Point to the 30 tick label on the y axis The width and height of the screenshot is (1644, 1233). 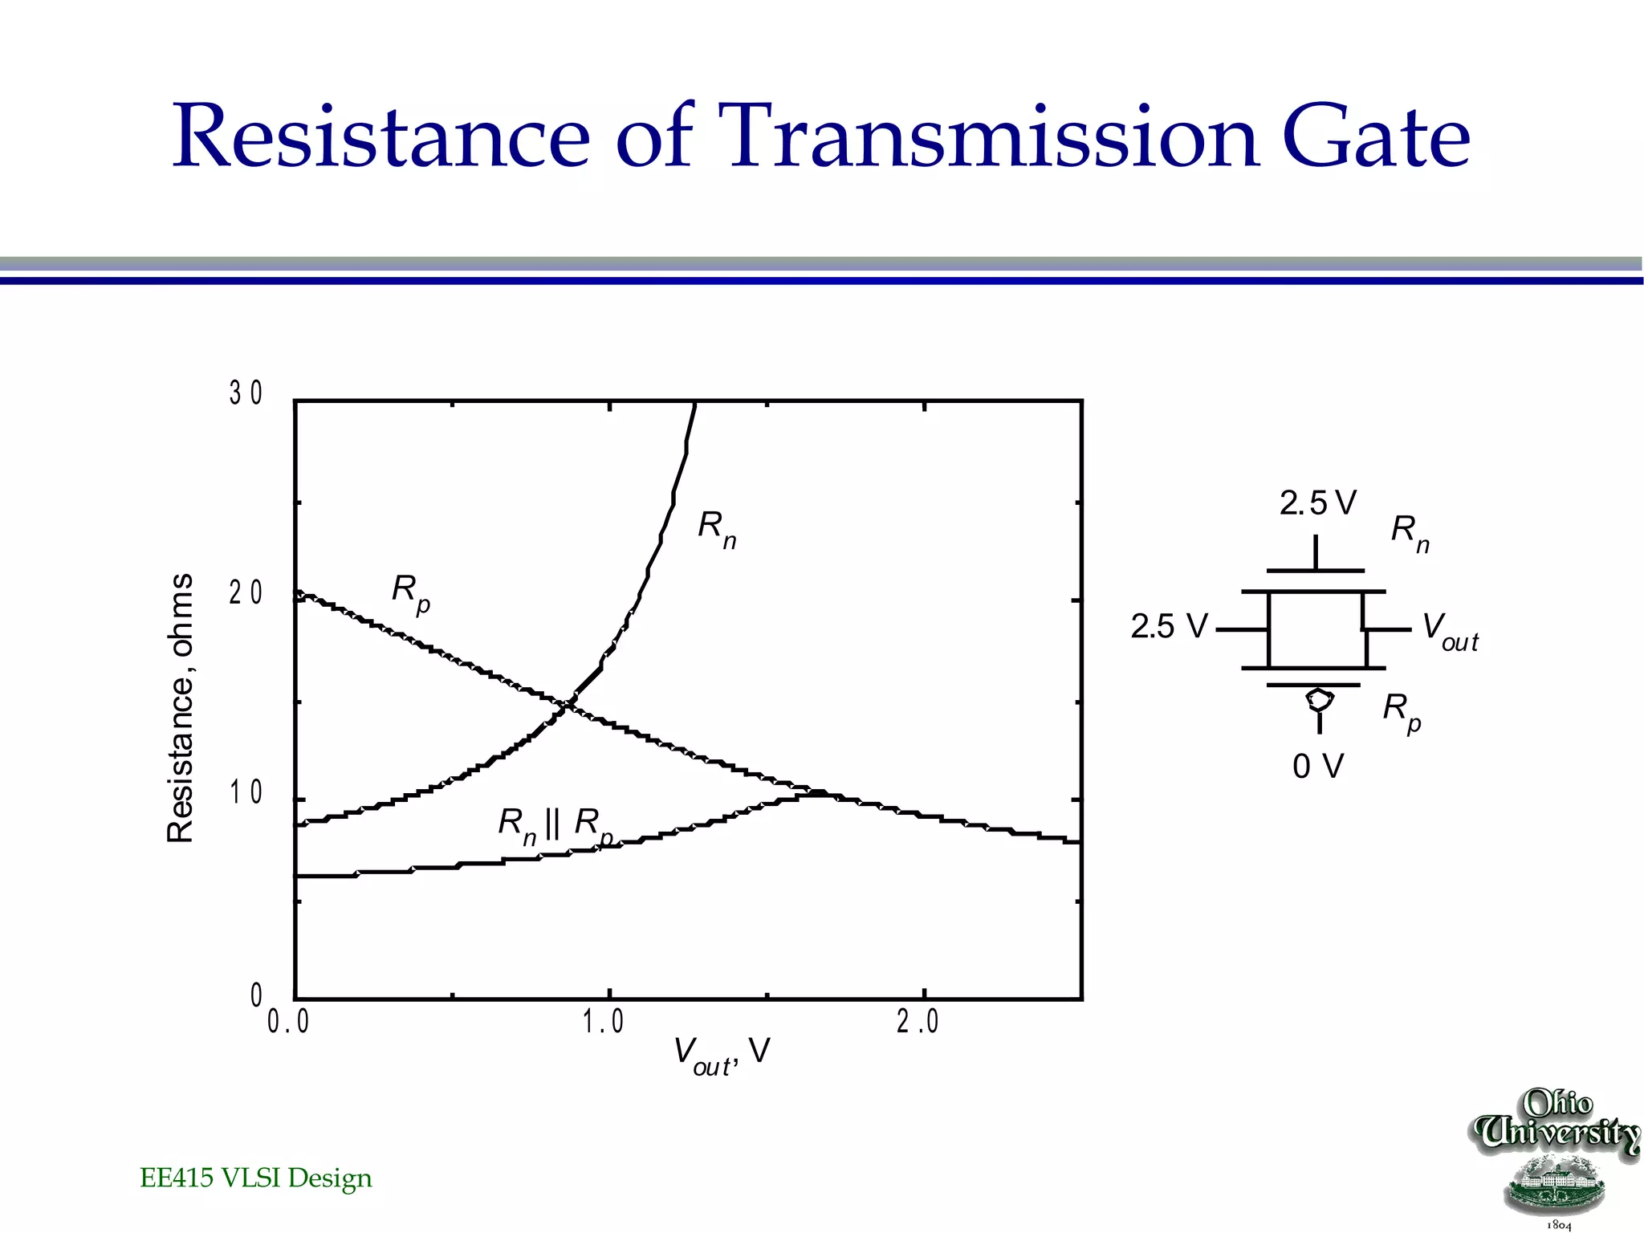click(x=246, y=393)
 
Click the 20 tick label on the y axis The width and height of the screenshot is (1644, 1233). click(x=246, y=593)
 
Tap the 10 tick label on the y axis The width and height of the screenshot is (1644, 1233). click(x=246, y=793)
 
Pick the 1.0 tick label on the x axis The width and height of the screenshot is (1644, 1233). click(x=603, y=1022)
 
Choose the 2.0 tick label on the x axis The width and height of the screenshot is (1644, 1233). click(x=918, y=1022)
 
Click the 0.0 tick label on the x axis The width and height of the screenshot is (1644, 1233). click(x=288, y=1022)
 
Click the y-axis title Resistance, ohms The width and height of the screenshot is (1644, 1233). click(x=181, y=708)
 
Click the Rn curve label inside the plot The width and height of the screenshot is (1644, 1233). click(x=717, y=529)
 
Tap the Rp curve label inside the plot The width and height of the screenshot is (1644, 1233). click(x=410, y=592)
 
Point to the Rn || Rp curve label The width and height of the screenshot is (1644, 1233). click(x=554, y=825)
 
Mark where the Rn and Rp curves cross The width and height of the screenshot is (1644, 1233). click(x=568, y=705)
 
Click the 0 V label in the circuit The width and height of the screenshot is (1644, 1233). click(x=1317, y=766)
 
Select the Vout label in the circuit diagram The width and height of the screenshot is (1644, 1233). click(x=1449, y=631)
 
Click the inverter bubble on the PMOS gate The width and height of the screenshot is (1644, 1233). click(x=1319, y=698)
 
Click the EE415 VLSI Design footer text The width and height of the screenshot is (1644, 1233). click(x=256, y=1178)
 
